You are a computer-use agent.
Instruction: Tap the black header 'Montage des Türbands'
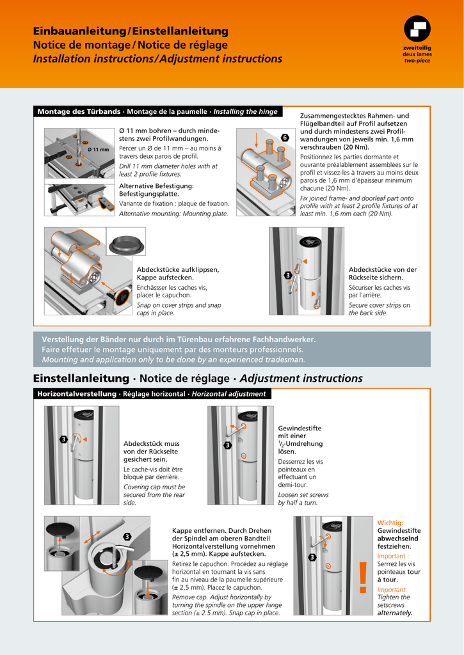79,112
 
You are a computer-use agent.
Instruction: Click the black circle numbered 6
285,138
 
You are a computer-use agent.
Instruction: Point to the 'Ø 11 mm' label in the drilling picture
98,150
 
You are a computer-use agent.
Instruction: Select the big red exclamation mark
363,578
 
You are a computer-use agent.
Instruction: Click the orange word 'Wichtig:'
390,523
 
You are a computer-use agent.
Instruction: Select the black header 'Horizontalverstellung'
77,394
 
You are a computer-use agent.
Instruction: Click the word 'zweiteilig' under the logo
417,49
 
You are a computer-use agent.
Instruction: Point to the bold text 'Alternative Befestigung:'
156,185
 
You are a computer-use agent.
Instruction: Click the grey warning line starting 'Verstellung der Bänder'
179,339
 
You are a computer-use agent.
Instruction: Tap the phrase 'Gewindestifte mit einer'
300,432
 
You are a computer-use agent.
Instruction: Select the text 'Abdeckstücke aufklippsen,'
178,270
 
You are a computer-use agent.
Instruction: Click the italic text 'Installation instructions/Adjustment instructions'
157,59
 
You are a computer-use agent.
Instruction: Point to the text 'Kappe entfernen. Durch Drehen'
221,530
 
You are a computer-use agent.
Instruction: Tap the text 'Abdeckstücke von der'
383,270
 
